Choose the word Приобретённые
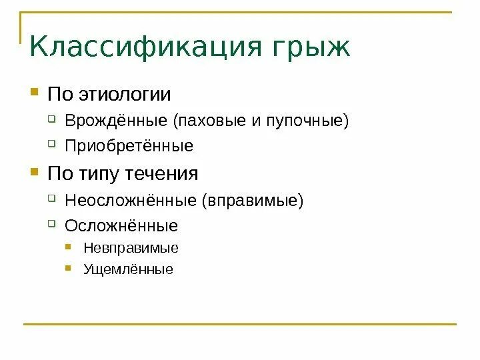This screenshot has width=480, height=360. [129, 146]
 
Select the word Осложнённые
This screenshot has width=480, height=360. [121, 225]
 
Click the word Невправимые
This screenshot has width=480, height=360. [131, 248]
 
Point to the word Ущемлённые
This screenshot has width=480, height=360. [128, 269]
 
